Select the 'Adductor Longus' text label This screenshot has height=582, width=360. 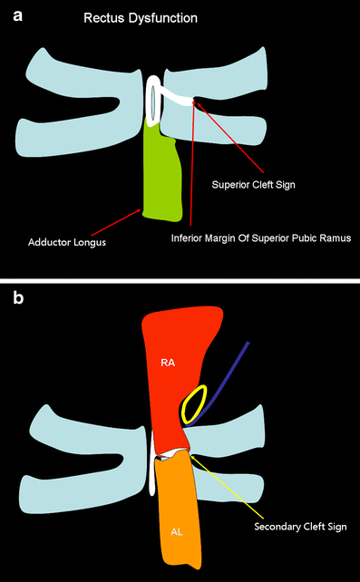click(x=70, y=241)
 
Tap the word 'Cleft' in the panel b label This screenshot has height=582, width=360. click(x=291, y=525)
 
